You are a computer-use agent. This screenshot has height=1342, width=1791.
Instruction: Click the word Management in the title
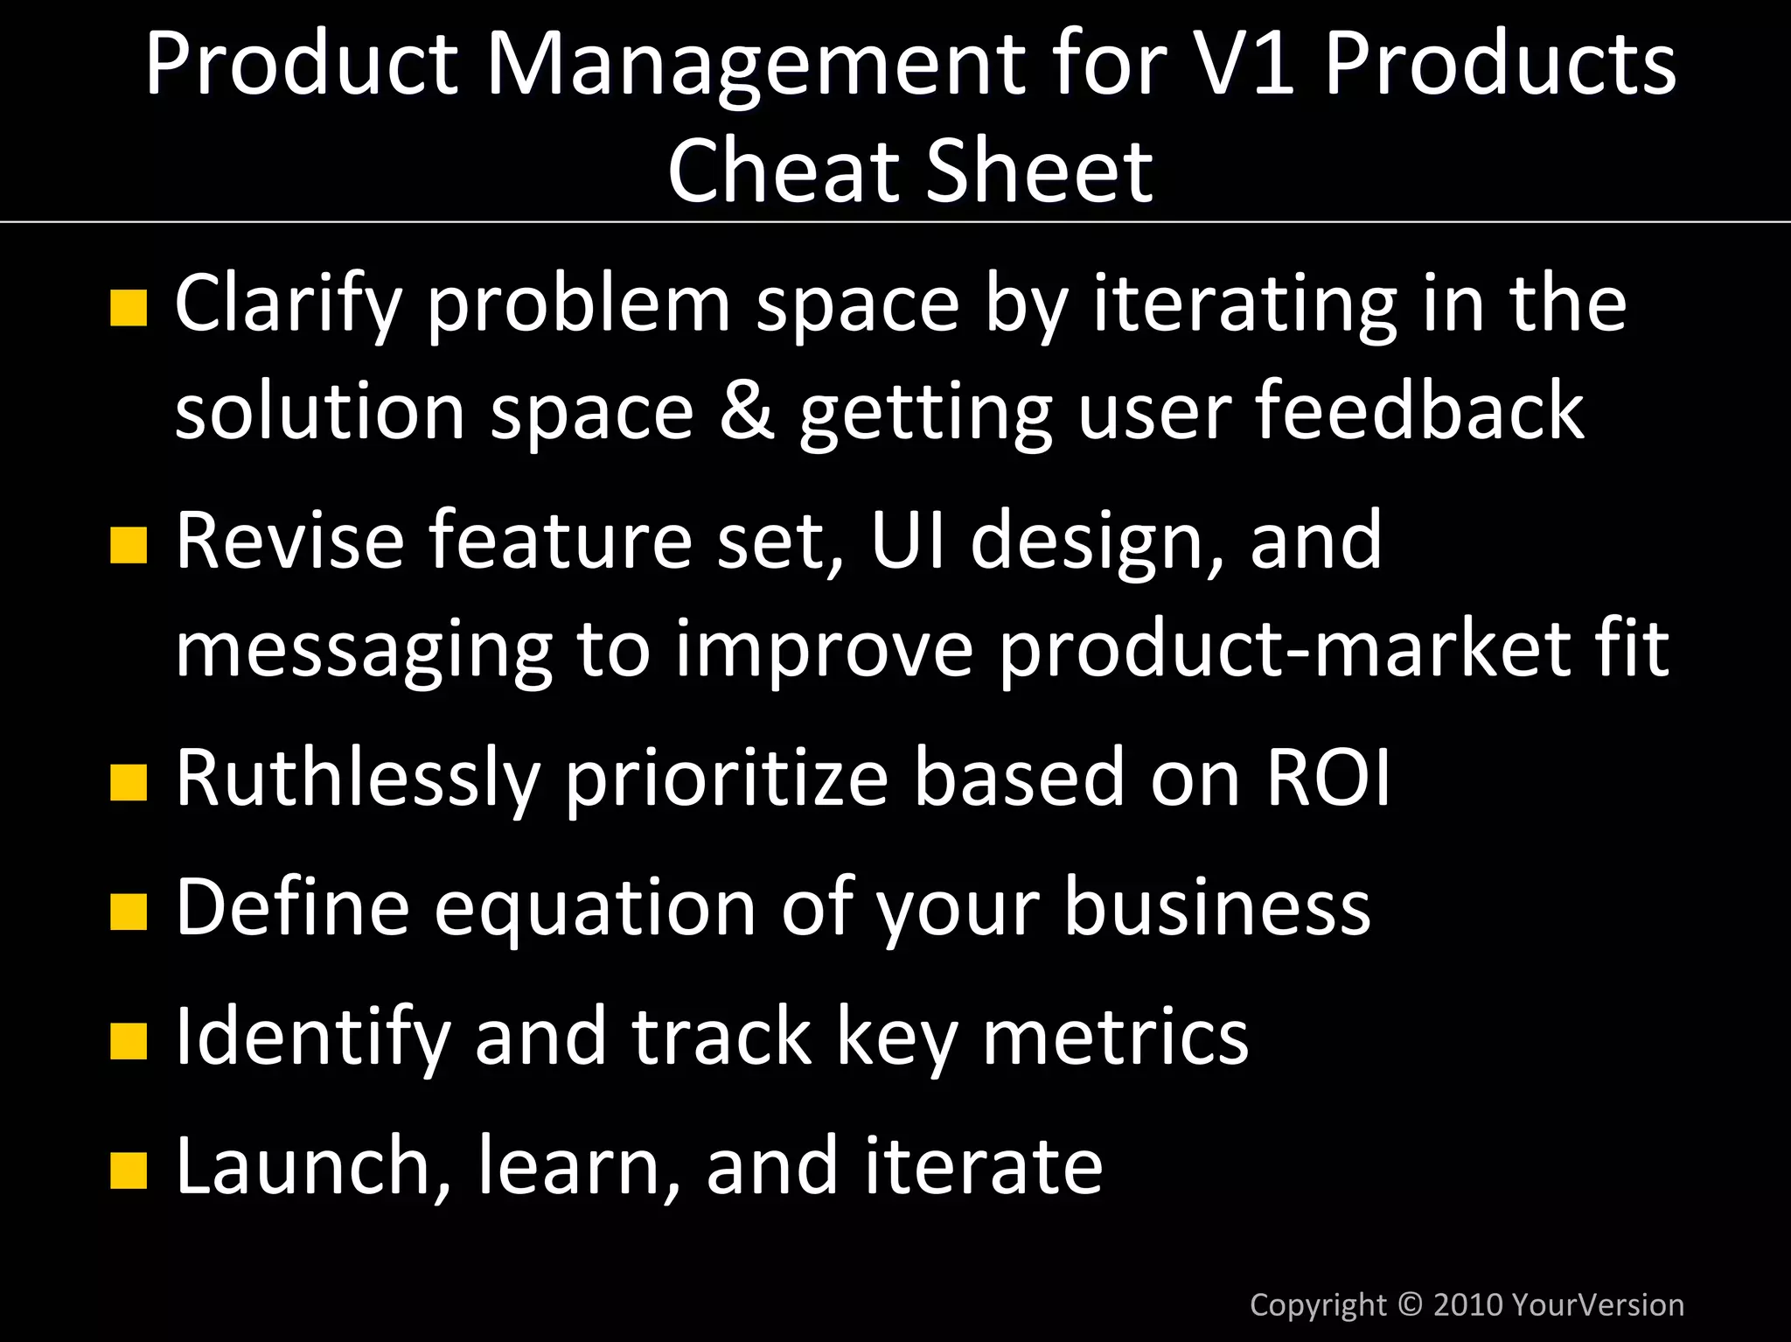coord(756,66)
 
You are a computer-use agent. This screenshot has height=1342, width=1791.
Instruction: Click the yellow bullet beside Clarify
coord(129,308)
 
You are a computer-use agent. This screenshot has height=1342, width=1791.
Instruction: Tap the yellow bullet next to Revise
coord(129,546)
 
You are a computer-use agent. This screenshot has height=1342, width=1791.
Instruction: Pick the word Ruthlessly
coord(358,778)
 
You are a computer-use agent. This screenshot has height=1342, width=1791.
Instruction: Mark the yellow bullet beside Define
coord(129,912)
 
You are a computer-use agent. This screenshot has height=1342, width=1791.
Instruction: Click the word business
coord(1216,906)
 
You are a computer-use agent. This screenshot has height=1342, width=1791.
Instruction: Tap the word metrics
coord(1115,1036)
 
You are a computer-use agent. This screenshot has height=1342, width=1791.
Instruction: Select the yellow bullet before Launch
coord(129,1171)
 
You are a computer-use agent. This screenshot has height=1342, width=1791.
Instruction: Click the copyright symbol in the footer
coord(1410,1304)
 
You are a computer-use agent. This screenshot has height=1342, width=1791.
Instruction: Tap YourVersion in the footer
coord(1597,1304)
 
